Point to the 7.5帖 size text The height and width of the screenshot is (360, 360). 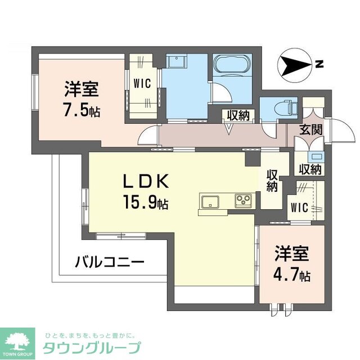point(82,110)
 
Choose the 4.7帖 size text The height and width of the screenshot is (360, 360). point(291,275)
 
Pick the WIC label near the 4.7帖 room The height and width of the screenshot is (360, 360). point(299,208)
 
